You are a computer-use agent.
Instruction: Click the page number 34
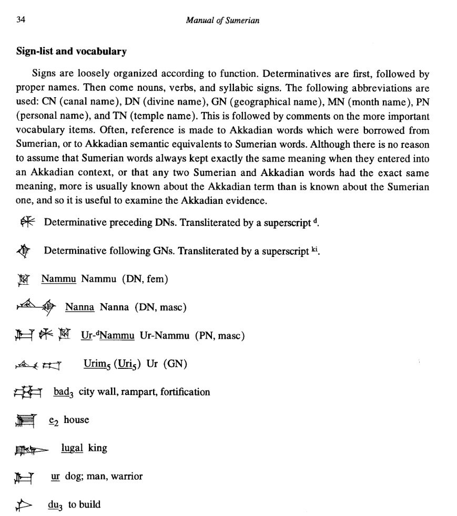[x=21, y=20]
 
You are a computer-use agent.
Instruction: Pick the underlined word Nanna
[x=79, y=307]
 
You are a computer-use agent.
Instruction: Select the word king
[x=98, y=448]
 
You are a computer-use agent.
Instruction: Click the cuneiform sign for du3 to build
[x=24, y=505]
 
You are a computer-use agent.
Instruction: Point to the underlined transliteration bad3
[x=64, y=392]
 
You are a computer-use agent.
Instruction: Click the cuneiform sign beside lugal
[x=31, y=449]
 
